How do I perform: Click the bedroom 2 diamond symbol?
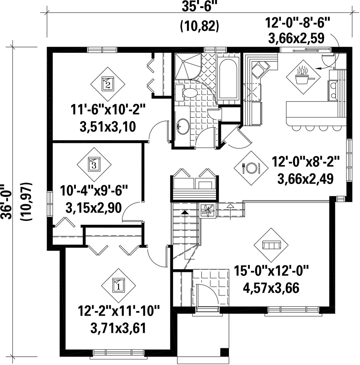[107, 84]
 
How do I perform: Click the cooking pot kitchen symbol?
[303, 77]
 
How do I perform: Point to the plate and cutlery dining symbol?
[251, 168]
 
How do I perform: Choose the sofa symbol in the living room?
[271, 245]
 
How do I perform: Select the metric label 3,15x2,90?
[94, 208]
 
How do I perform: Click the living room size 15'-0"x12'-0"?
[271, 271]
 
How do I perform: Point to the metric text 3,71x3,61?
[118, 328]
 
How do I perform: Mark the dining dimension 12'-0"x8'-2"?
[306, 161]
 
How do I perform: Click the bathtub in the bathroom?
[228, 79]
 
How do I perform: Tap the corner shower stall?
[187, 66]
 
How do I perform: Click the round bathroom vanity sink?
[183, 127]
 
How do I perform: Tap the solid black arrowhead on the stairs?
[185, 212]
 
